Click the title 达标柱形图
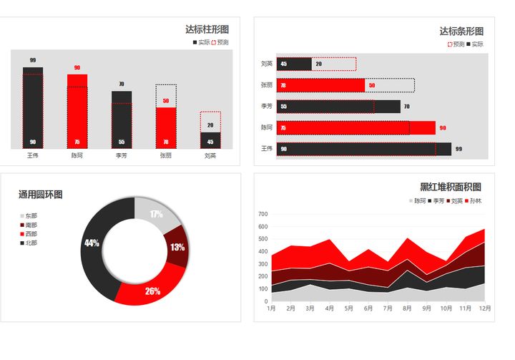207,29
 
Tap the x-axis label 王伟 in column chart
33,155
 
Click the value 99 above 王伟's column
33,60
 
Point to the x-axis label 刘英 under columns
210,155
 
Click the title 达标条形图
461,31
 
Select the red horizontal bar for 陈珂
355,128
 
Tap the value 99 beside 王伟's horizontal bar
458,149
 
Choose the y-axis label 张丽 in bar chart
266,85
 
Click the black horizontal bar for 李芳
338,107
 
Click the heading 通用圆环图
40,195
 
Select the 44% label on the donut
92,243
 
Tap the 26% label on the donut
152,291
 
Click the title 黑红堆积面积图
450,187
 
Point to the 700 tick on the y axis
262,214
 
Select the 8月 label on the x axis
406,308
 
